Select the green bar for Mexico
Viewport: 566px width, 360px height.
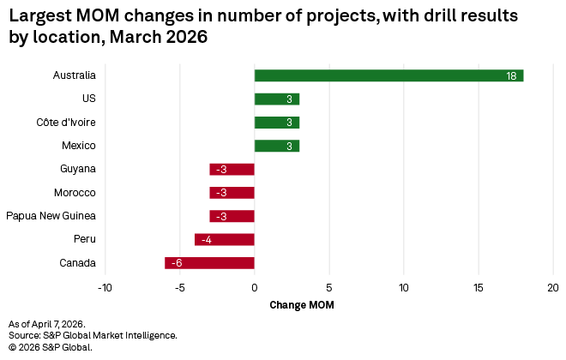276,146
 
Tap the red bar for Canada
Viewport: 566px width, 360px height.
209,263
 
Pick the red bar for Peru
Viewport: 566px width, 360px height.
225,239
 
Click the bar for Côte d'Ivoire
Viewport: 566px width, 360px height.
276,123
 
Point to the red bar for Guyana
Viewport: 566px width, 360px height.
232,169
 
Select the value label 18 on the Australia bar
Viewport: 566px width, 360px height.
510,76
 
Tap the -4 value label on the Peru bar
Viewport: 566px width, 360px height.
206,240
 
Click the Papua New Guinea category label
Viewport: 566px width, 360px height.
51,216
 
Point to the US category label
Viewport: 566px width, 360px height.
88,99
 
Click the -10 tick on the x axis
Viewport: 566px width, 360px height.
105,287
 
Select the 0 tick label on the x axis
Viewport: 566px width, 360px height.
255,287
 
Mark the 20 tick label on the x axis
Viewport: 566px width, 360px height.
552,287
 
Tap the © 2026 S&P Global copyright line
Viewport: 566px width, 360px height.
50,347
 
